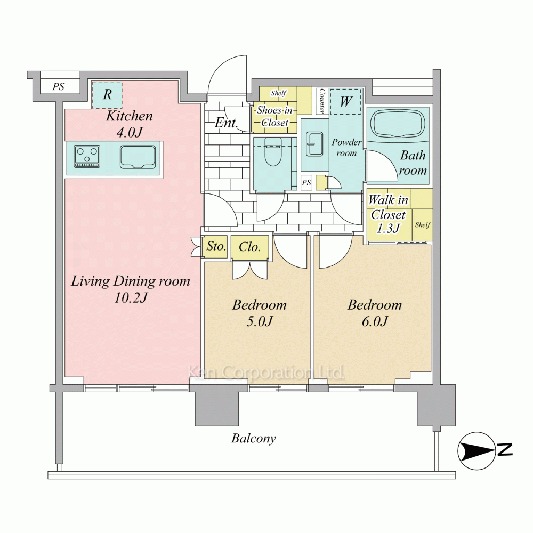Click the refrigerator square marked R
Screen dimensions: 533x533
click(x=107, y=94)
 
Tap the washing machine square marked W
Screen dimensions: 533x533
click(x=345, y=102)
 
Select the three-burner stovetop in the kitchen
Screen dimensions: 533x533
click(x=87, y=157)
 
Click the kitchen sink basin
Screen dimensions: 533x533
click(x=138, y=157)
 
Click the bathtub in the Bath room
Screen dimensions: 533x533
click(x=398, y=124)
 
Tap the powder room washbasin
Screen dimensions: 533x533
click(x=315, y=144)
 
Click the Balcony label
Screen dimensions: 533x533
click(x=254, y=439)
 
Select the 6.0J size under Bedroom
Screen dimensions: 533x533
click(x=375, y=321)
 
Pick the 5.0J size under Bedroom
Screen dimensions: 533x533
click(x=260, y=321)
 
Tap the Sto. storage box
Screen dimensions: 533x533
click(x=216, y=246)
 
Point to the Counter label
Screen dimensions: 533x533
click(x=322, y=101)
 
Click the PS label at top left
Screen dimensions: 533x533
click(x=59, y=87)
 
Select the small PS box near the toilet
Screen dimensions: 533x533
click(x=306, y=182)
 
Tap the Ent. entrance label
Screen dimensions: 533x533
click(x=225, y=123)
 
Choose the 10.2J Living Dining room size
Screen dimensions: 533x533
click(x=131, y=298)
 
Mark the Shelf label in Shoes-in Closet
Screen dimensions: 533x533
click(x=278, y=93)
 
